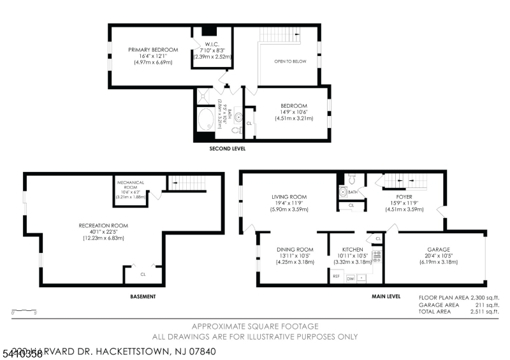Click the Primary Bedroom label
coord(150,50)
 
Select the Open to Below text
coord(290,62)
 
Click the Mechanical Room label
coord(131,185)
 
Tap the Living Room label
coord(289,197)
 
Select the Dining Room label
coord(295,249)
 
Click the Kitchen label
coord(353,249)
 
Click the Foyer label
coord(404,197)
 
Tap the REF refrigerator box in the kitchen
coord(336,277)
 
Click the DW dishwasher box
coord(350,278)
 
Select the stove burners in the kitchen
coord(377,256)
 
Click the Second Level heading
coord(228,148)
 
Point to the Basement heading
coord(143,296)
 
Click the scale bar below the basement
coord(24,311)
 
